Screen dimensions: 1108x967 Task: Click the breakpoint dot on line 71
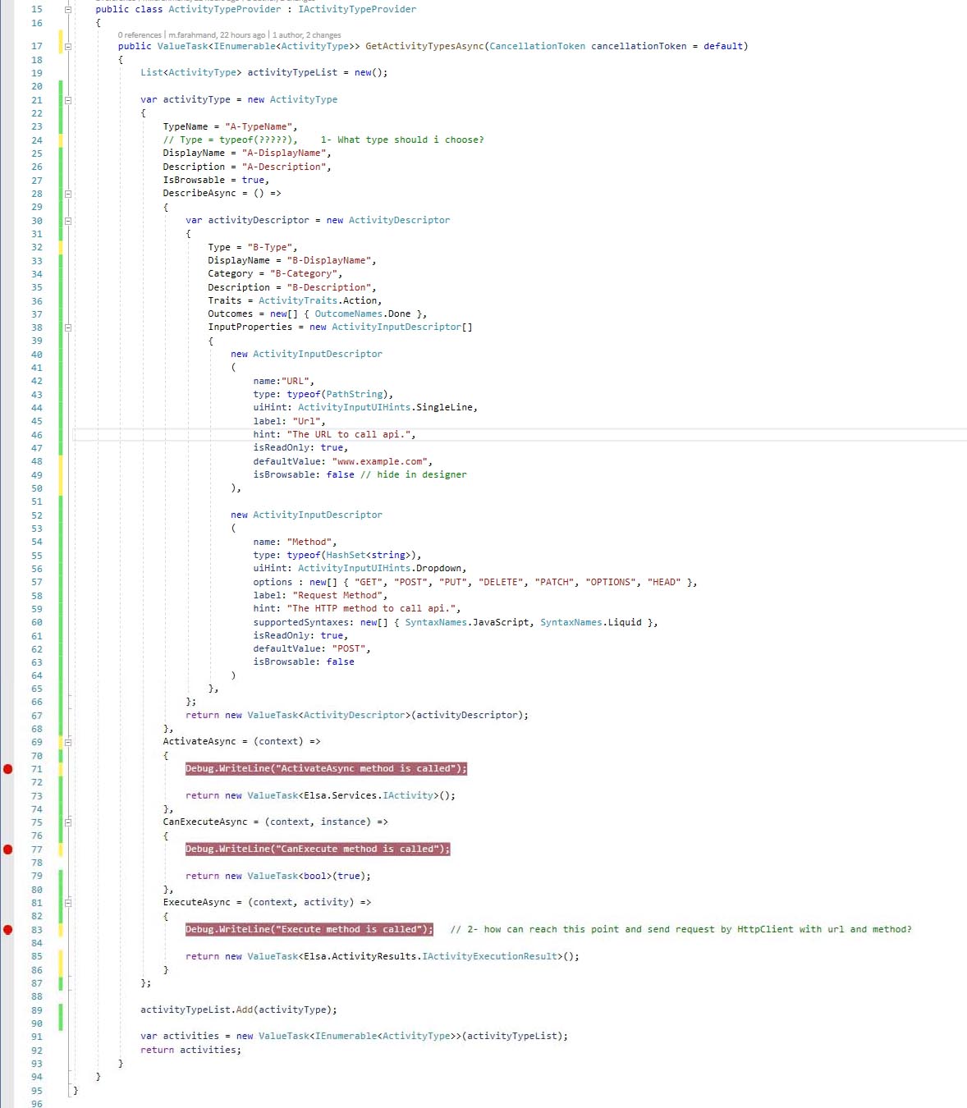coord(8,769)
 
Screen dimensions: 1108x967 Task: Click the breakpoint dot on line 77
coord(8,849)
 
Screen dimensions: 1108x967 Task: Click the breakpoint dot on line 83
coord(8,930)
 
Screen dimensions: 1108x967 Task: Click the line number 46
coord(36,435)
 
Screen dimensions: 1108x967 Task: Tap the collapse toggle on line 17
coord(68,47)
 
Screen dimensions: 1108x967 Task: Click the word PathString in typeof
coord(354,395)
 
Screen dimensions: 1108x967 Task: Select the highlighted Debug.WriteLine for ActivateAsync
coord(326,769)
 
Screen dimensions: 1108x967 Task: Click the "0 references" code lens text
coord(140,34)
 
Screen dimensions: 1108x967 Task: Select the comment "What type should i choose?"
coord(410,140)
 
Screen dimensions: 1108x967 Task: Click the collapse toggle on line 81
coord(68,903)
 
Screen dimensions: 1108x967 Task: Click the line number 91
coord(36,1037)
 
